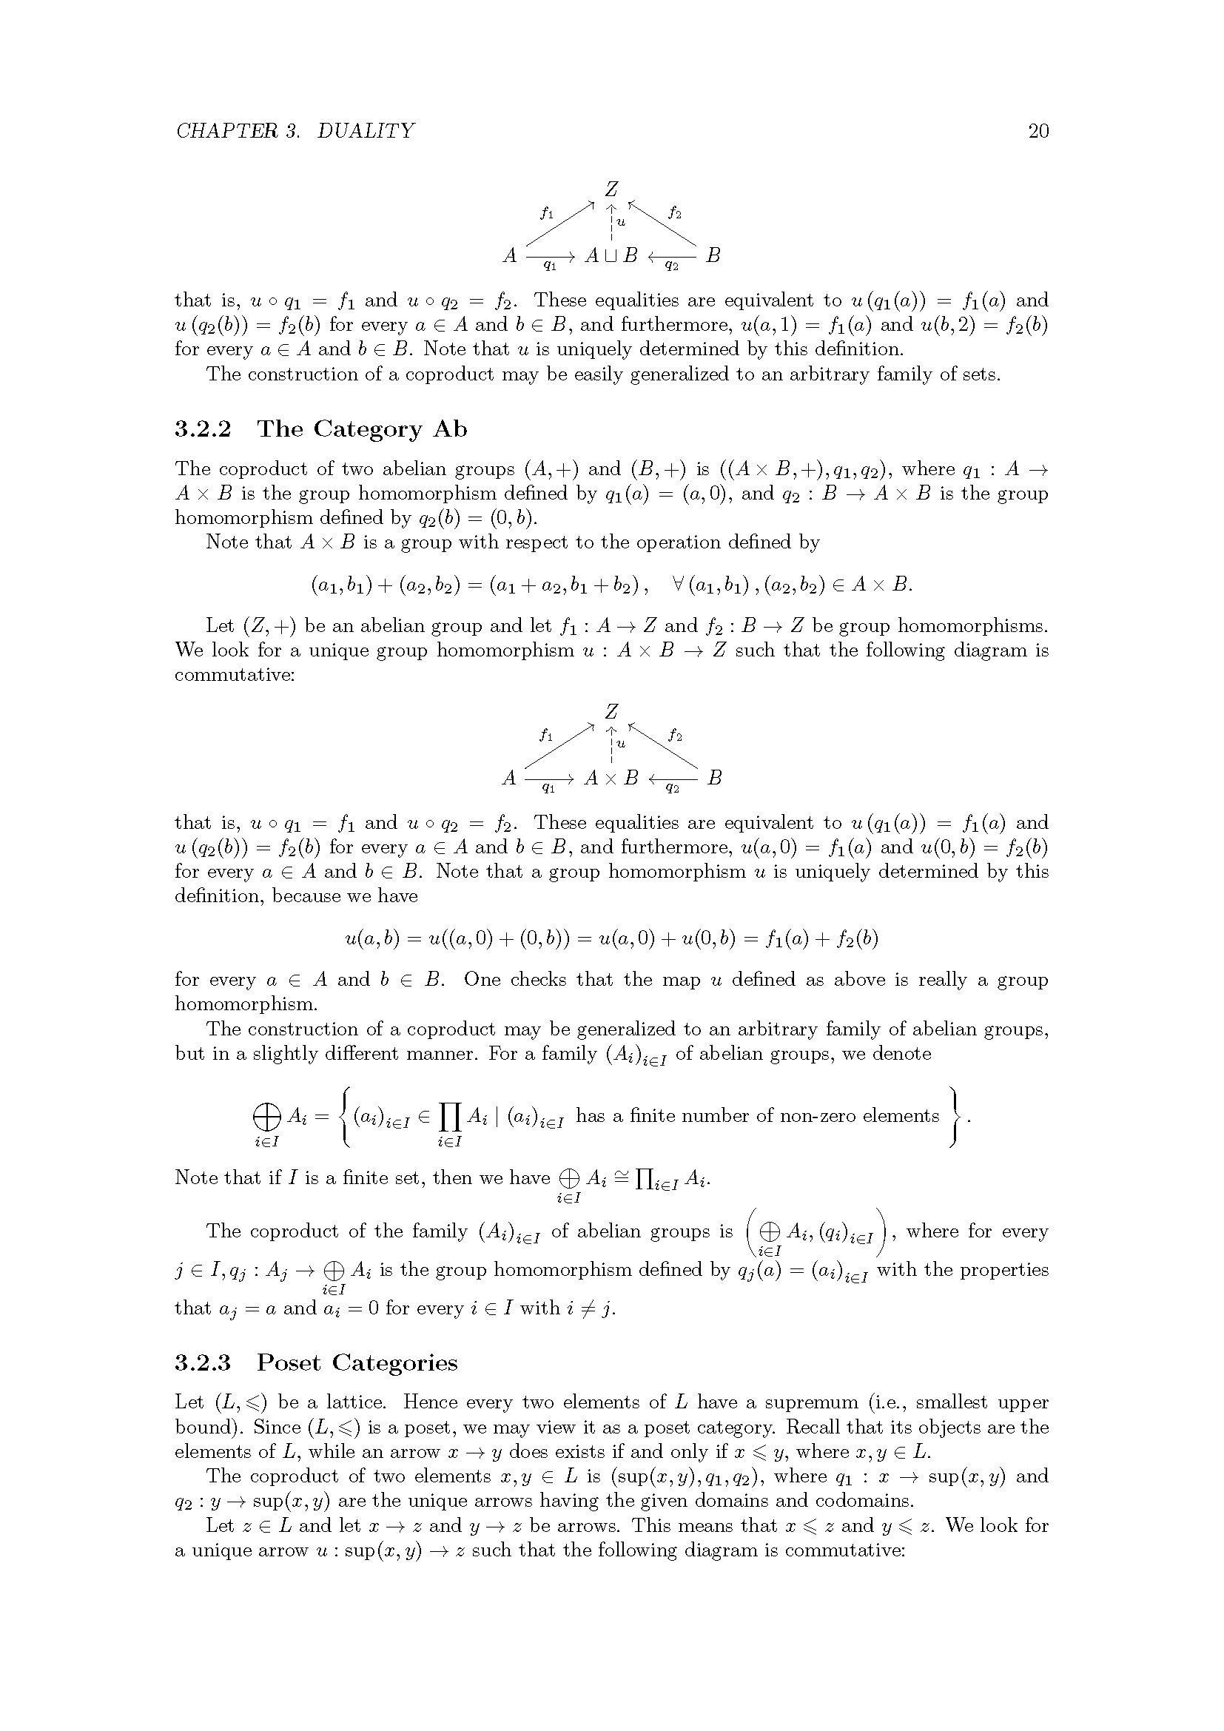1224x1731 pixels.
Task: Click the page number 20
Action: click(1038, 131)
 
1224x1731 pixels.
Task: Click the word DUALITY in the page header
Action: click(366, 131)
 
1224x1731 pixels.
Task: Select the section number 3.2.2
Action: click(204, 430)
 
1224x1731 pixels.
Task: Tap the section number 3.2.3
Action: click(204, 1363)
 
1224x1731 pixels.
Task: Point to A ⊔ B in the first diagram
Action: click(611, 255)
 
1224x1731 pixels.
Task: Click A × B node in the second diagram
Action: click(611, 777)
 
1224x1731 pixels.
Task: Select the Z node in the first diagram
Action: click(612, 189)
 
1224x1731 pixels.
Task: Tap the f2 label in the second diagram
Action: click(676, 735)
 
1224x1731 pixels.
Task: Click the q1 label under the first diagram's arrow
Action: click(550, 266)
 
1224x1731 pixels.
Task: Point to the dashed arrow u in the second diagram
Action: click(612, 747)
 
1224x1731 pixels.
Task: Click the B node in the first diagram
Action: click(713, 255)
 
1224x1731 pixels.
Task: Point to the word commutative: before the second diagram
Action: click(235, 675)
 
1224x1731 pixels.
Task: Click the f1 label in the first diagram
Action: click(547, 212)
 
